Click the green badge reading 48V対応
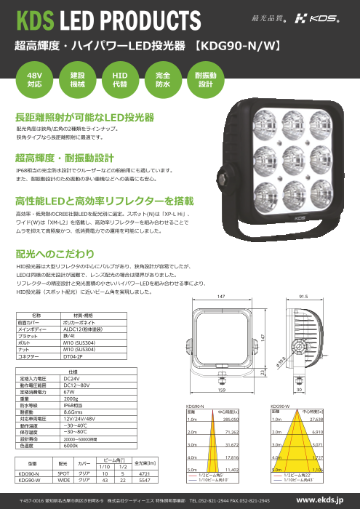click(34, 79)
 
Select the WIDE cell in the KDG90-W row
click(64, 480)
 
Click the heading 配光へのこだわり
click(55, 254)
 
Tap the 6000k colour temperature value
click(71, 446)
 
